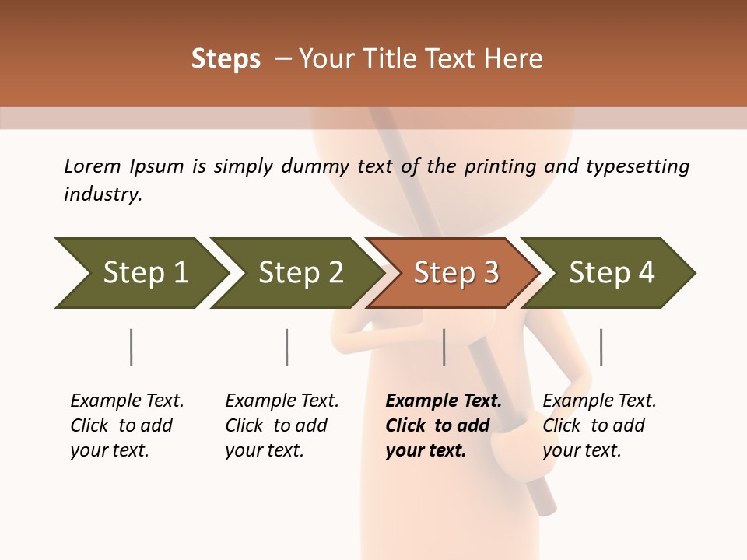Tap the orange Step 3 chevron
[x=455, y=273]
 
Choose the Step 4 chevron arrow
[x=611, y=273]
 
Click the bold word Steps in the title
[x=226, y=59]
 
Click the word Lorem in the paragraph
[x=93, y=166]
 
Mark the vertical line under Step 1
[x=131, y=347]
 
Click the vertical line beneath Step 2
[x=286, y=347]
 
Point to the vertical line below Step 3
[x=444, y=347]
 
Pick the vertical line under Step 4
[x=601, y=347]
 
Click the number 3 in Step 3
[x=490, y=273]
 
